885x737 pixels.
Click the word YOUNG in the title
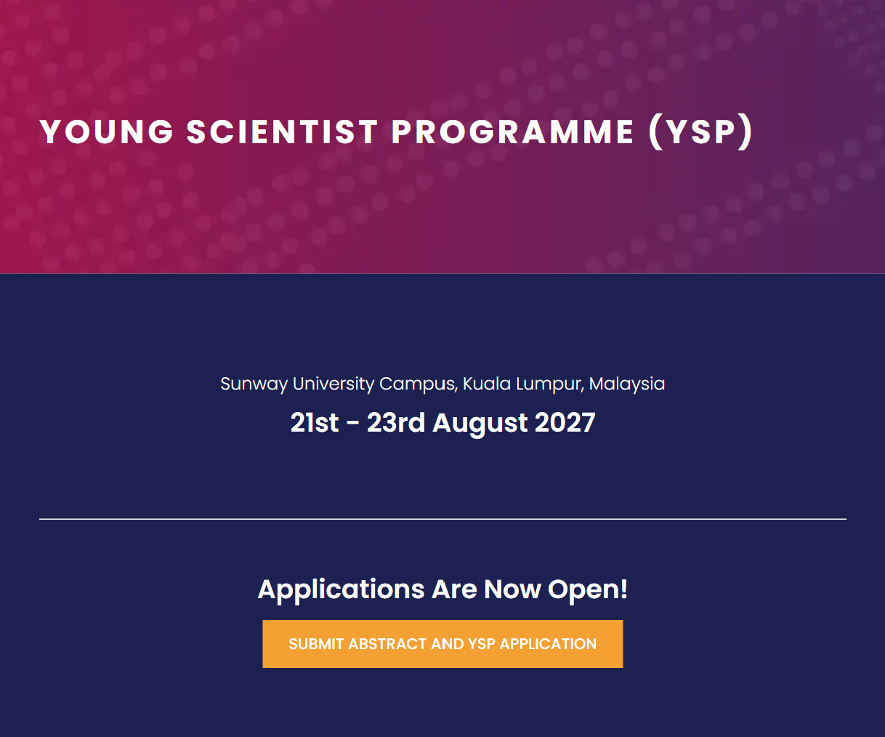106,132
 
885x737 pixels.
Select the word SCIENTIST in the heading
282,132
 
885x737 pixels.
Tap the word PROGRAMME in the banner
512,132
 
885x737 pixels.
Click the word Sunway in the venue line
254,384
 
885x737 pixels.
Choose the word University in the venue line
334,384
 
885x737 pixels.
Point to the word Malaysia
627,384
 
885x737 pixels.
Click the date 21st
315,423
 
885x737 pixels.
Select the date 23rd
396,423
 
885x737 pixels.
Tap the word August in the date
480,424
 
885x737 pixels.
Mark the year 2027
565,423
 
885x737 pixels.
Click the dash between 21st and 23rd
352,424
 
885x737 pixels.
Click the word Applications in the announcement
342,590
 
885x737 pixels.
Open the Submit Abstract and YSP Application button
442,644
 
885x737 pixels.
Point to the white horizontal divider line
442,519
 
